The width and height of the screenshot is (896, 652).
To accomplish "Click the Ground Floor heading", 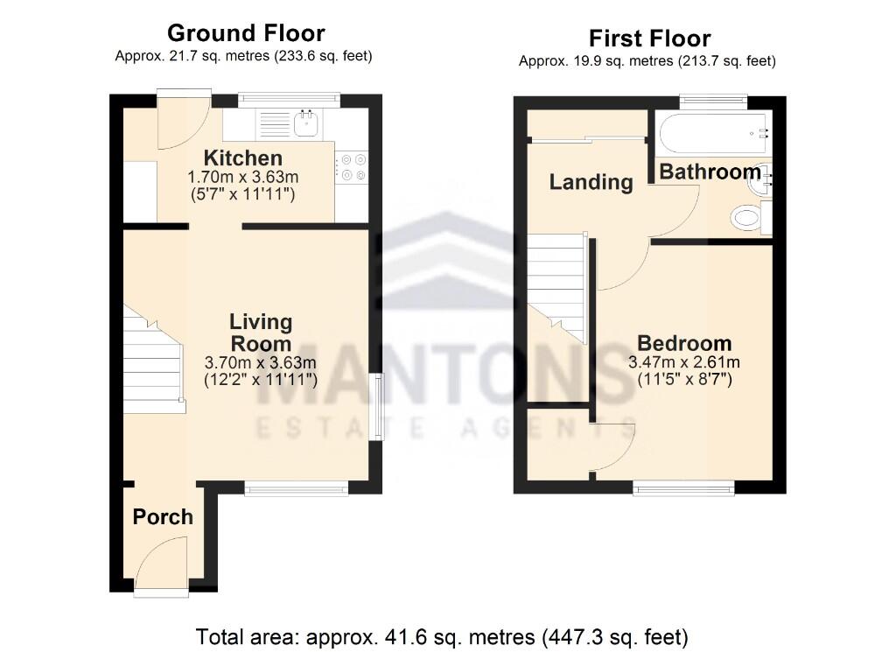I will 246,33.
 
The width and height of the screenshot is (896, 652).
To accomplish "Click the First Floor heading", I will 649,39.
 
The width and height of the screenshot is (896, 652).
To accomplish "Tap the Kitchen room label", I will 242,158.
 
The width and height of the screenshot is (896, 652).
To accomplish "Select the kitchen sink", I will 305,124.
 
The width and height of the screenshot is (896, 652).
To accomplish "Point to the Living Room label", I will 260,333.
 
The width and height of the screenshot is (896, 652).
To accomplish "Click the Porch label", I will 163,517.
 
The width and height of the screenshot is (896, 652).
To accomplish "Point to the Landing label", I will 591,182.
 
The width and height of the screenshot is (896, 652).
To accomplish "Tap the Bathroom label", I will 709,172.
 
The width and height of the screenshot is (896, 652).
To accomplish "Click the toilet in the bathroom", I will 745,217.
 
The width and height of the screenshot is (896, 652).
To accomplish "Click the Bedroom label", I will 683,343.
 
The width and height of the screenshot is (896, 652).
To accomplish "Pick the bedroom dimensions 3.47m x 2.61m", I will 683,362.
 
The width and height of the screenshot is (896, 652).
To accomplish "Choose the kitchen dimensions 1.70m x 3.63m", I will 242,177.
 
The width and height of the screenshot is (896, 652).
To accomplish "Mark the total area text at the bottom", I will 442,635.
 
